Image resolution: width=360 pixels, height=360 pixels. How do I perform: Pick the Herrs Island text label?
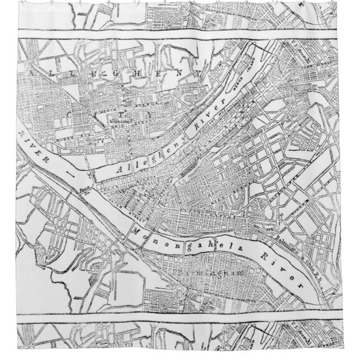(x=237, y=88)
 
